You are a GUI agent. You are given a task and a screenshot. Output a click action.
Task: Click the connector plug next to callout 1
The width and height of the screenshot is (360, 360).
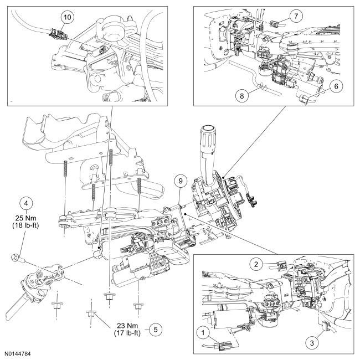pyautogui.click(x=224, y=348)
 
